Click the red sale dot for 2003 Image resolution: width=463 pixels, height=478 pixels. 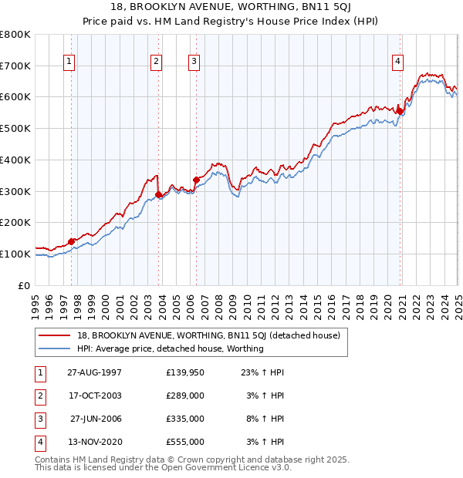point(159,194)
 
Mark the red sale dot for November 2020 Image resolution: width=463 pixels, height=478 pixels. point(400,111)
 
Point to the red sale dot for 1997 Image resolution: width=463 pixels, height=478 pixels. point(72,241)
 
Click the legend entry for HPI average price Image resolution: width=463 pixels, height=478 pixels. point(170,348)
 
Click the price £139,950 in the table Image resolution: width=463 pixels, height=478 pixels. point(185,372)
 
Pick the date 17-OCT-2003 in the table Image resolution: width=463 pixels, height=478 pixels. point(95,396)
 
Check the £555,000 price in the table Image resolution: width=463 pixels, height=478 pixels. point(185,442)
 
